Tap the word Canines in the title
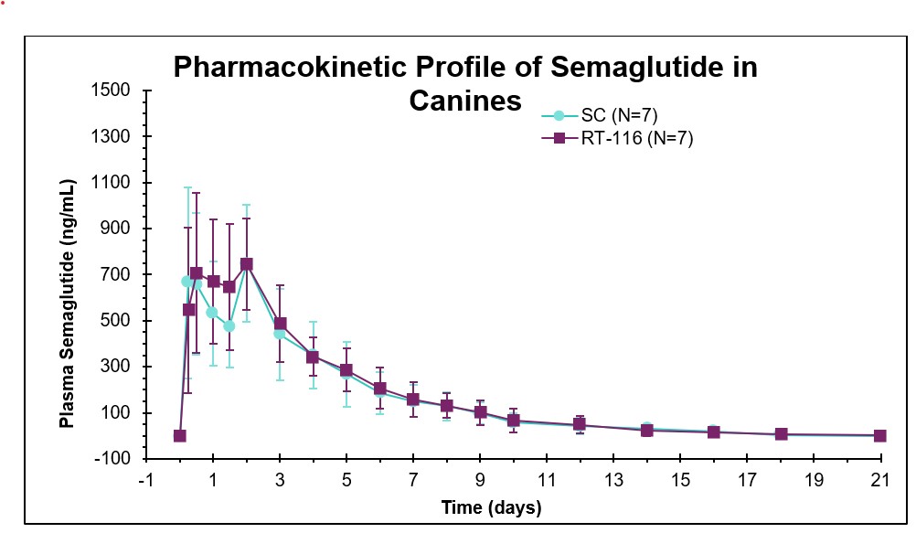[x=464, y=100]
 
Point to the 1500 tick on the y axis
[x=116, y=91]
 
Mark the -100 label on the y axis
[x=119, y=459]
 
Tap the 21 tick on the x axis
[x=880, y=480]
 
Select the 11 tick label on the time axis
[x=547, y=480]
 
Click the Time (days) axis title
[x=491, y=507]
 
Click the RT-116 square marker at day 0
[x=180, y=436]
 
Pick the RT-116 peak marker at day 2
[x=246, y=264]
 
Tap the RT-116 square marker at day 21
[x=880, y=436]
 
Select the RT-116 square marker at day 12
[x=580, y=425]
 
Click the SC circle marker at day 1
[x=212, y=313]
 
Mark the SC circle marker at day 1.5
[x=229, y=326]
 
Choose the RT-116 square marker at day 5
[x=346, y=370]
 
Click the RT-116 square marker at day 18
[x=781, y=434]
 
